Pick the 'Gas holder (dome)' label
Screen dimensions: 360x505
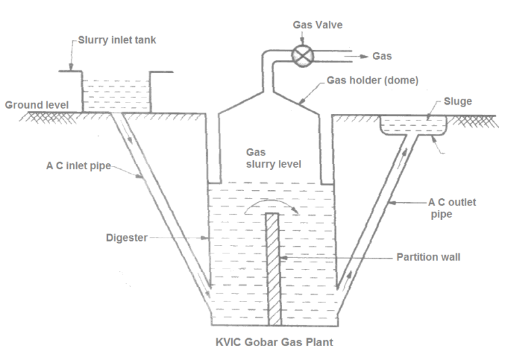372,80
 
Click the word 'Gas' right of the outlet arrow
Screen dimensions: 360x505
382,57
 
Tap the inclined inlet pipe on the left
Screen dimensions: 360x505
158,204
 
